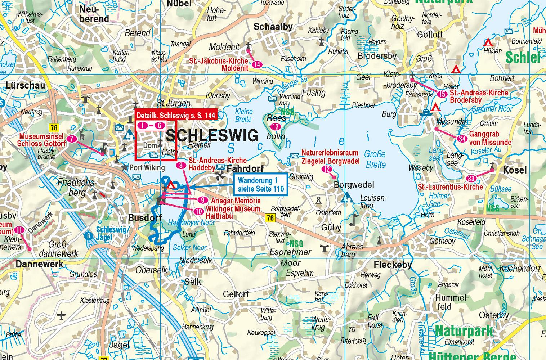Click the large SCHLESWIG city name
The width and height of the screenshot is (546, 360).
pyautogui.click(x=212, y=136)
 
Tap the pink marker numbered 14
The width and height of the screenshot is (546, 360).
pyautogui.click(x=258, y=65)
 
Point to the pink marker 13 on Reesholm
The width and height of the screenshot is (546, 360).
pyautogui.click(x=276, y=127)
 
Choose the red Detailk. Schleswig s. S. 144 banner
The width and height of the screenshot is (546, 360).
pyautogui.click(x=176, y=115)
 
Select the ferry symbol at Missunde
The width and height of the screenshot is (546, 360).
pyautogui.click(x=425, y=112)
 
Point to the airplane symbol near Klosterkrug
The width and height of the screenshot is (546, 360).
pyautogui.click(x=62, y=316)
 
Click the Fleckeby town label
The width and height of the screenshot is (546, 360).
pyautogui.click(x=393, y=265)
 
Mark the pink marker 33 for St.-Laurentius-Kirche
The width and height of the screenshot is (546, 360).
pyautogui.click(x=471, y=179)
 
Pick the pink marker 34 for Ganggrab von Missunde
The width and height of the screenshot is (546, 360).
pyautogui.click(x=461, y=139)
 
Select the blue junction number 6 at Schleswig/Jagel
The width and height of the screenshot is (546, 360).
pyautogui.click(x=89, y=236)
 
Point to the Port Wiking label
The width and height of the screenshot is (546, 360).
pyautogui.click(x=147, y=167)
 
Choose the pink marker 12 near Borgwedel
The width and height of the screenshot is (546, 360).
pyautogui.click(x=327, y=169)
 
